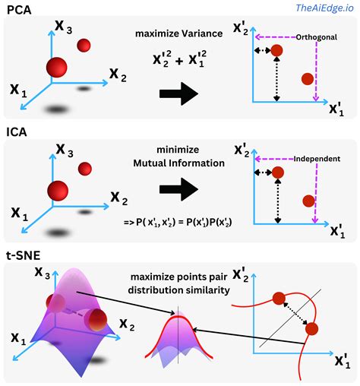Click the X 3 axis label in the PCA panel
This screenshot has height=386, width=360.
[64, 27]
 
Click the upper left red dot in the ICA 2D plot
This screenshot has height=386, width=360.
[277, 172]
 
